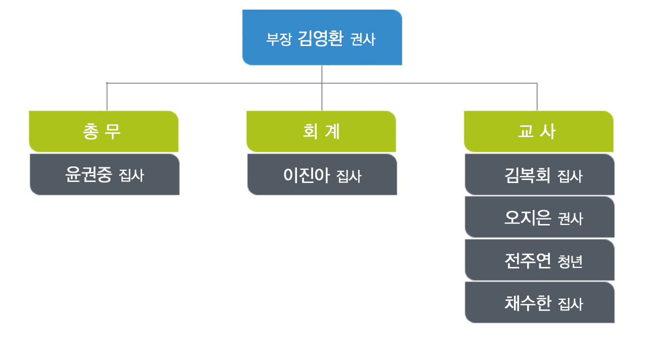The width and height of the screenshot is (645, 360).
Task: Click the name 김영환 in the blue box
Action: point(321,38)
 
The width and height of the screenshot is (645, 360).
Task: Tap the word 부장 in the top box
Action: point(279,39)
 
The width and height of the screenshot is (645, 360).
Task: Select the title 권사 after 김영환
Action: point(363,39)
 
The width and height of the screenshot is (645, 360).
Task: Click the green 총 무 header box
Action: point(104,131)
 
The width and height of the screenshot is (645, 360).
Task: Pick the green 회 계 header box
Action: point(321,131)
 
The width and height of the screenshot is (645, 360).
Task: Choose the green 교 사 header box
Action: point(538,131)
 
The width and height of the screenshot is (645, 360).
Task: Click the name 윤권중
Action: point(89,174)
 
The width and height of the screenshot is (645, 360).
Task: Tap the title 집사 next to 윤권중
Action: point(132,175)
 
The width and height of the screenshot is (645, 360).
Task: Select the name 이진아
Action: point(307,175)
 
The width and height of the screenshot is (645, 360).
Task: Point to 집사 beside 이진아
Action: point(349,176)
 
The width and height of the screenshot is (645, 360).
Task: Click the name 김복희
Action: point(527,175)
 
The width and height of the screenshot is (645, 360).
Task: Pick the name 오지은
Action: point(528,217)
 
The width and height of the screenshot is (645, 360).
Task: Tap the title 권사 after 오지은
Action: point(571,219)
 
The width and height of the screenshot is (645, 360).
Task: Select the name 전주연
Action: point(528,260)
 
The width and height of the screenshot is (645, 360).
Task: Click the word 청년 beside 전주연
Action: point(570,261)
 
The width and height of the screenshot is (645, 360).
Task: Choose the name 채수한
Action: point(528,303)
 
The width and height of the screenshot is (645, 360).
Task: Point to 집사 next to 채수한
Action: point(571,304)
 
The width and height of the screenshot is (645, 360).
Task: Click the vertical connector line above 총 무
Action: point(107,97)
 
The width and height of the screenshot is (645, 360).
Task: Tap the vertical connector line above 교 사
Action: point(537,97)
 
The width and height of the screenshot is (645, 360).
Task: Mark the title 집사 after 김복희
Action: point(570,176)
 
